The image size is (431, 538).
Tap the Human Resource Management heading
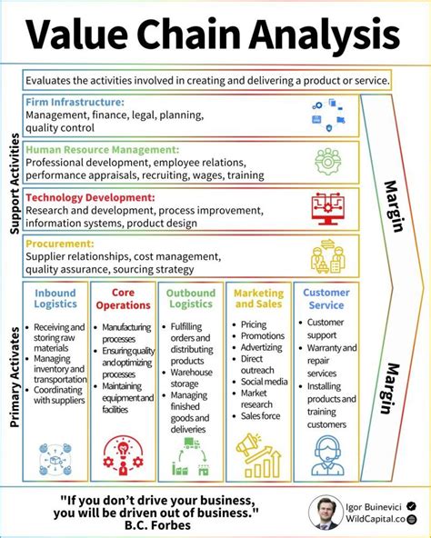pos(102,149)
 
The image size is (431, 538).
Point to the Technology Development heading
pos(90,196)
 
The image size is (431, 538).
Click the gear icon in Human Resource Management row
pos(327,161)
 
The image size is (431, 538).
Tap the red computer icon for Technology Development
pos(327,208)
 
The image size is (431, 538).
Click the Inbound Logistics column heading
pos(55,299)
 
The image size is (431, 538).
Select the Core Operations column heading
pos(123,299)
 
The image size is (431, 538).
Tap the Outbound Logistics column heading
pos(190,299)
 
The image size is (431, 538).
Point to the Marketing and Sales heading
pos(258,299)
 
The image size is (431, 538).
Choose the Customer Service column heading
pos(325,299)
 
